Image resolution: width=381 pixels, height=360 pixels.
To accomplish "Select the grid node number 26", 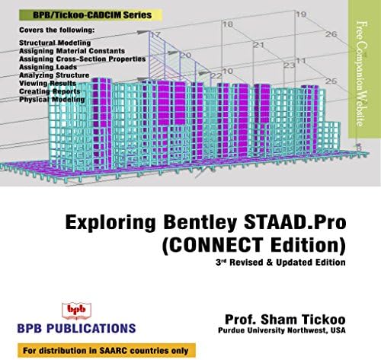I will click(x=330, y=34).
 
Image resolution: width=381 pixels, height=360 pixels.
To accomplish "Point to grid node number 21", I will click(x=258, y=45).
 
